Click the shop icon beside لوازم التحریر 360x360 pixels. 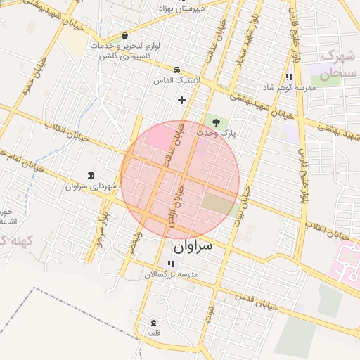(125, 35)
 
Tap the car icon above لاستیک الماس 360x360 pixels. (176, 70)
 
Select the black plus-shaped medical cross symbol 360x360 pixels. (182, 100)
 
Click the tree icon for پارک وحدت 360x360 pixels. (216, 122)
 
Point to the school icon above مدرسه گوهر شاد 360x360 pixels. (288, 77)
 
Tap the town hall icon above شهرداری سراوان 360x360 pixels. (90, 175)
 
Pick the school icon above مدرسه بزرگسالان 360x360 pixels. (171, 264)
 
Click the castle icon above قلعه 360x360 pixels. (153, 323)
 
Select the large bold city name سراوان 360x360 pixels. (191, 247)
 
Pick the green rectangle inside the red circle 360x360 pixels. (220, 205)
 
